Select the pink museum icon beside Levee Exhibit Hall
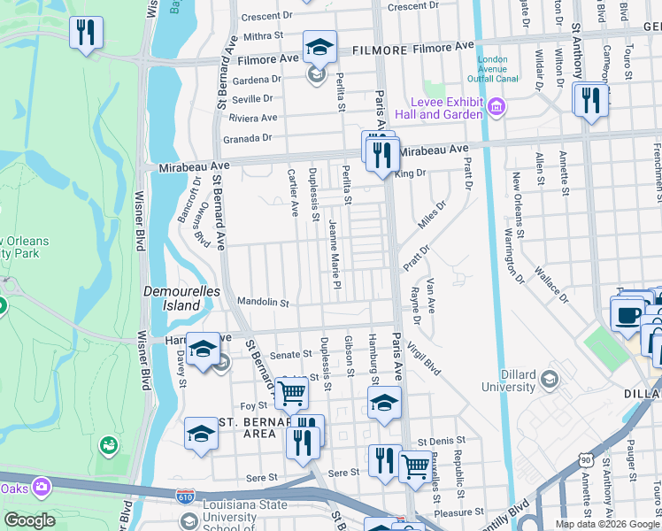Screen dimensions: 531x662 pos(496,108)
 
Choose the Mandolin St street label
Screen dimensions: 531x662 pos(263,303)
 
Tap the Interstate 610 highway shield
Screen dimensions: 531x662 pos(185,499)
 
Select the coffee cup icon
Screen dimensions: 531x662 pos(628,314)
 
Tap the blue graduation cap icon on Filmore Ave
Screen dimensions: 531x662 pos(319,46)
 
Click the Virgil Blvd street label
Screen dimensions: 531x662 pos(427,354)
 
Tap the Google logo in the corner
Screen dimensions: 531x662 pos(30,520)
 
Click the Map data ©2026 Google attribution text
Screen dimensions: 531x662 pos(606,524)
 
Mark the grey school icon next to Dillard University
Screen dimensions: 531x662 pos(551,379)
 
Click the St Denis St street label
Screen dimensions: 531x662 pos(435,441)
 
